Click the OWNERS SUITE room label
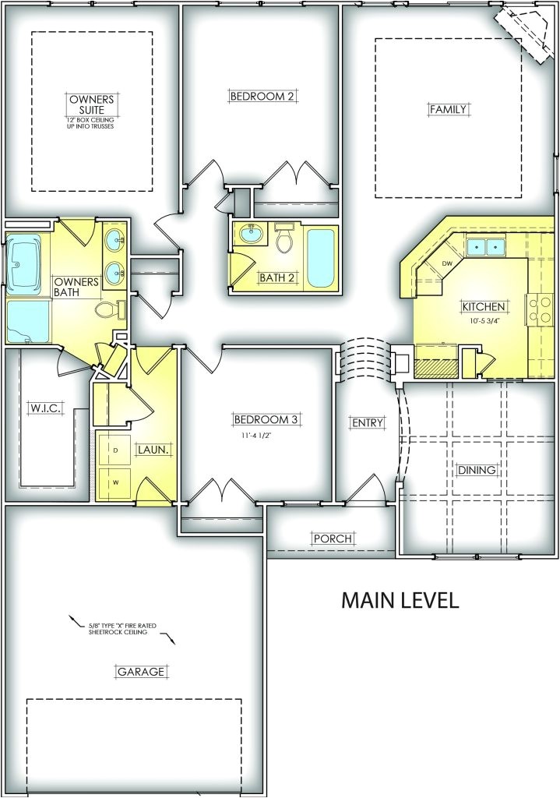[91, 104]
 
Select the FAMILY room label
[448, 109]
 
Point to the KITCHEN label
[483, 306]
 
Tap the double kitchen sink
[484, 247]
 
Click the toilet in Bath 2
[284, 238]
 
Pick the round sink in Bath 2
[250, 234]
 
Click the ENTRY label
[368, 422]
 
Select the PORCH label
[333, 538]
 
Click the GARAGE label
[141, 672]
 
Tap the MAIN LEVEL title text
[400, 599]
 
